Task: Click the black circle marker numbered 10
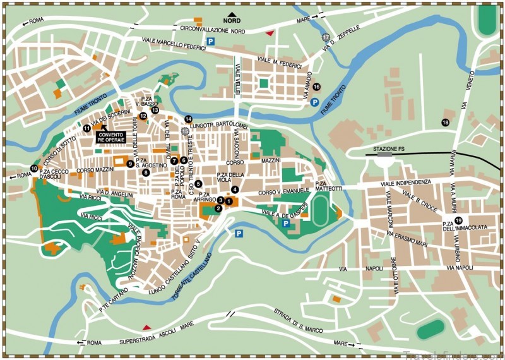pyautogui.click(x=33, y=168)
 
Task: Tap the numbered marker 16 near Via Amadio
pyautogui.click(x=316, y=87)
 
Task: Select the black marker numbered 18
pyautogui.click(x=446, y=123)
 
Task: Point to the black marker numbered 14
pyautogui.click(x=188, y=119)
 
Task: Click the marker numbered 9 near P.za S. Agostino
pyautogui.click(x=130, y=164)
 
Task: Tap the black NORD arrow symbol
pyautogui.click(x=233, y=14)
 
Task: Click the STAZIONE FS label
pyautogui.click(x=389, y=149)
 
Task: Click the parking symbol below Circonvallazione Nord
pyautogui.click(x=212, y=41)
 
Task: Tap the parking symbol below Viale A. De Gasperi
pyautogui.click(x=285, y=223)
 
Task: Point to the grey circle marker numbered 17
pyautogui.click(x=326, y=38)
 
